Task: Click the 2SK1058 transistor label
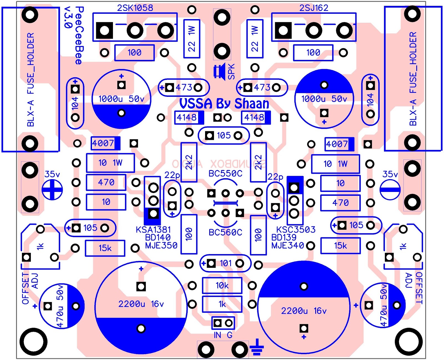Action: coord(135,8)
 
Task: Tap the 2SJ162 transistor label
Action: coord(314,8)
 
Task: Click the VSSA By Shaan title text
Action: coord(224,104)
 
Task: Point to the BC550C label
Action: coord(225,174)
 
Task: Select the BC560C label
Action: coord(225,232)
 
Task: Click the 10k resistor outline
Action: coord(222,285)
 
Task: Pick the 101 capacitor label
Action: coord(226,263)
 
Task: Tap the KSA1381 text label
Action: coord(153,230)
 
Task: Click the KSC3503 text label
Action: coord(296,230)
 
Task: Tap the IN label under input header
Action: coord(218,335)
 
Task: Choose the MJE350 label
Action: coord(161,245)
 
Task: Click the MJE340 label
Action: coord(287,246)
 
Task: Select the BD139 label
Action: coord(284,238)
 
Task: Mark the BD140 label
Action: coord(158,238)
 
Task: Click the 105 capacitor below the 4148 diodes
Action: coord(224,135)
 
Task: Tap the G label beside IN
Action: coord(229,335)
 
